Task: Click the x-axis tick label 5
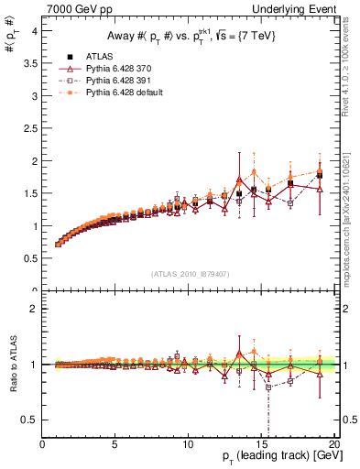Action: (x=115, y=444)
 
